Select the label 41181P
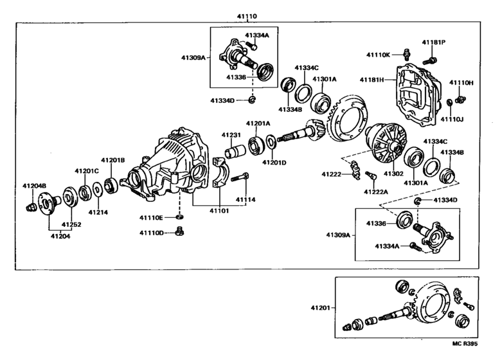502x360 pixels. click(434, 42)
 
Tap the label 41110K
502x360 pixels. click(379, 55)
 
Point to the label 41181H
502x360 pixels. click(372, 80)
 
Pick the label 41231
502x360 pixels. click(231, 135)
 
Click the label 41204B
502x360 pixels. click(35, 186)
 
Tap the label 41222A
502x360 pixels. click(375, 192)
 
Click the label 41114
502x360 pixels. click(246, 200)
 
